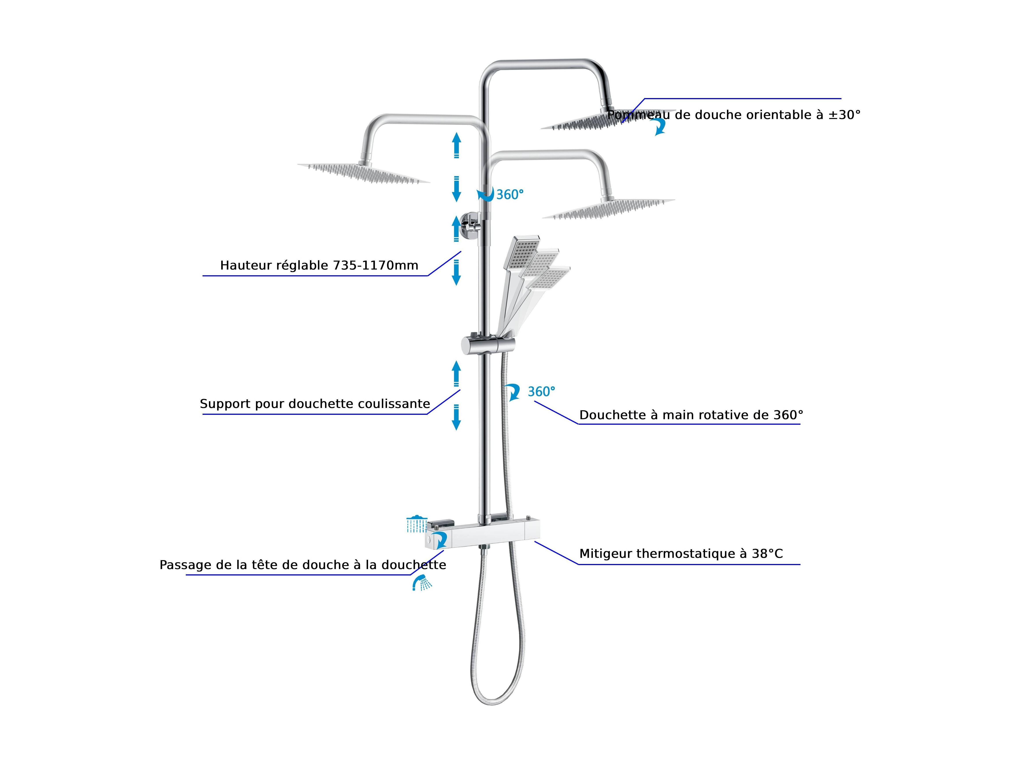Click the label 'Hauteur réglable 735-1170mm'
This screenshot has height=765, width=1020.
319,266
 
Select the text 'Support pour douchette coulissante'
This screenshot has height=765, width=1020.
315,404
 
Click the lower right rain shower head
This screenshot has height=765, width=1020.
609,209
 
